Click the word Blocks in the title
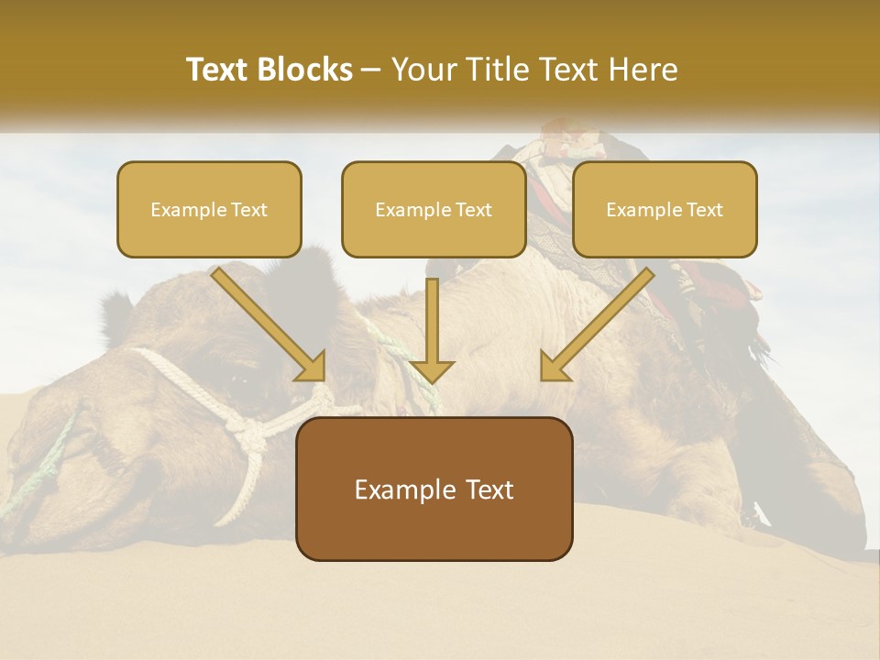click(x=305, y=70)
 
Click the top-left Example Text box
click(x=209, y=209)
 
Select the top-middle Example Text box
click(x=434, y=209)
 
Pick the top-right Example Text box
click(x=665, y=209)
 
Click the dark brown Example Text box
click(x=434, y=489)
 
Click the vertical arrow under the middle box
click(x=432, y=321)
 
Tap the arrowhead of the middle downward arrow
click(x=432, y=371)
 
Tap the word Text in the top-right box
click(x=704, y=210)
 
